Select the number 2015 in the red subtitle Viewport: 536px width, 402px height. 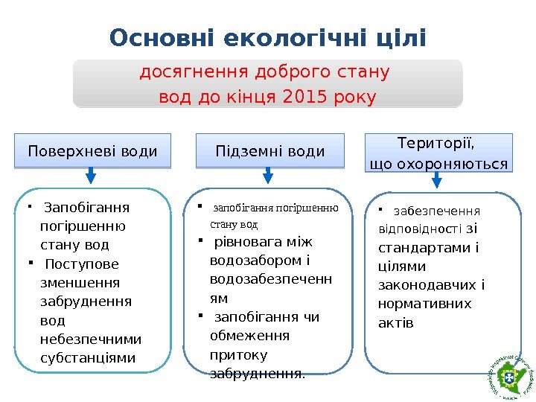point(305,98)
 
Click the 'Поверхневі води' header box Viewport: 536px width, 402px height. point(93,151)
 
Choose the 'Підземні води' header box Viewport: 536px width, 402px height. point(270,151)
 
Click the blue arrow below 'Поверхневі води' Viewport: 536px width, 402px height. point(91,176)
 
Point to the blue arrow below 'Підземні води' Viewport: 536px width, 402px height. point(269,176)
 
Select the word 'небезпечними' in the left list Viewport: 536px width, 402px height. point(90,339)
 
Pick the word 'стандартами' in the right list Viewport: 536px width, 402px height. point(425,247)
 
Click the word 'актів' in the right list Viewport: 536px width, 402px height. point(395,323)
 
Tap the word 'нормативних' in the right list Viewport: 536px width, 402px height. point(424,304)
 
